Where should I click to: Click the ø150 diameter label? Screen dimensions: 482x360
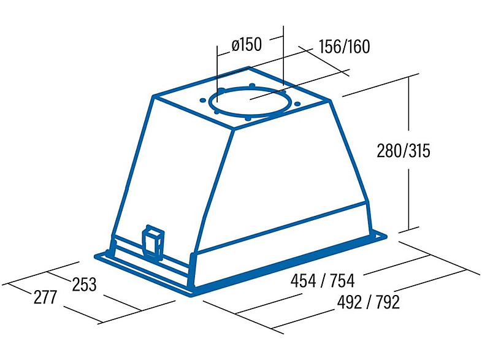pyautogui.click(x=247, y=45)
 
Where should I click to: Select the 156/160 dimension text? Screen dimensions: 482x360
pyautogui.click(x=344, y=47)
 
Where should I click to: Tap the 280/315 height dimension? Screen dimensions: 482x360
pyautogui.click(x=404, y=151)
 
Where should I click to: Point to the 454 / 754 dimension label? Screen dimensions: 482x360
pyautogui.click(x=323, y=281)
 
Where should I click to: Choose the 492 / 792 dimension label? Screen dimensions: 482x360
pyautogui.click(x=369, y=302)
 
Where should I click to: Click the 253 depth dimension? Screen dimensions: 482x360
pyautogui.click(x=84, y=285)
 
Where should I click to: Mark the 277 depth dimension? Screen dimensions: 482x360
pyautogui.click(x=45, y=297)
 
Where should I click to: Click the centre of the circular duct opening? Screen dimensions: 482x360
pyautogui.click(x=250, y=102)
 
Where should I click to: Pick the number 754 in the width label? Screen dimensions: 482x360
pyautogui.click(x=342, y=281)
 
